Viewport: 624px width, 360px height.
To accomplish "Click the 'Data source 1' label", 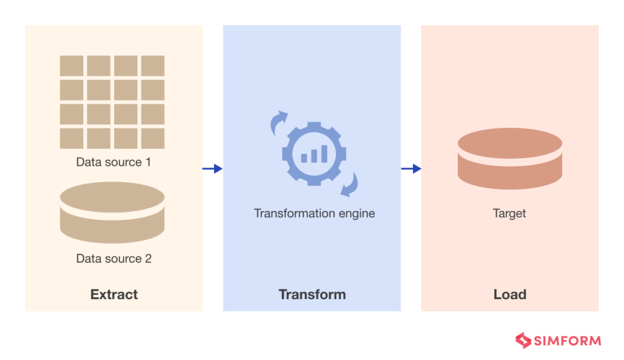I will [x=113, y=163].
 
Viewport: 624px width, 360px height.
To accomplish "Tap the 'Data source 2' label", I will [x=113, y=259].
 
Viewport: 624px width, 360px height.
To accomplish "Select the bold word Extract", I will [x=114, y=295].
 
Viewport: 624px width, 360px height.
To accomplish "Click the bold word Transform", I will [x=312, y=295].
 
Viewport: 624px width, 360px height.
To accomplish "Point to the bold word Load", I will [x=509, y=295].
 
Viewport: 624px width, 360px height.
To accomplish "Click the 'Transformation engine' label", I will [x=314, y=214].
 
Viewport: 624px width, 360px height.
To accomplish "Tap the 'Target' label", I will [x=509, y=214].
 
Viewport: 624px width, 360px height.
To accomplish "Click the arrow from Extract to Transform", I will [x=213, y=169].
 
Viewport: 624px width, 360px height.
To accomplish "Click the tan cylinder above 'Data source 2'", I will [x=112, y=213].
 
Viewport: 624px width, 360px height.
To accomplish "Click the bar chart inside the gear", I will [x=314, y=154].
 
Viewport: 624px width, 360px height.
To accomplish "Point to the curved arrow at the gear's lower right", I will [x=349, y=185].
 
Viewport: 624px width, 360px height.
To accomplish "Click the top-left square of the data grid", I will [x=71, y=66].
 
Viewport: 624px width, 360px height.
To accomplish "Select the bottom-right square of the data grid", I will [x=153, y=138].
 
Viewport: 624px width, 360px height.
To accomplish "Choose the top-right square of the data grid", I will [x=153, y=66].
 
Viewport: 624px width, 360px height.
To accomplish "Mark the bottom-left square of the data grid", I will [x=71, y=138].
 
